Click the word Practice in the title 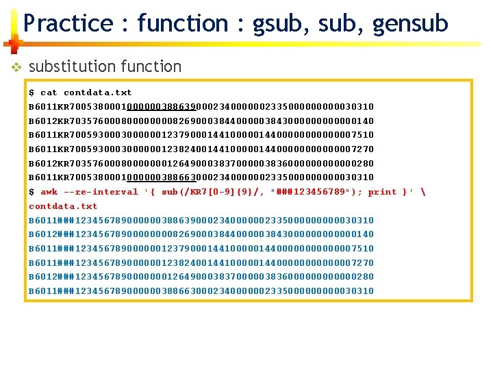(68, 24)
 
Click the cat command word (49, 92)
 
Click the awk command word (49, 192)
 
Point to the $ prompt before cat (31, 92)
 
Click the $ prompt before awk (31, 192)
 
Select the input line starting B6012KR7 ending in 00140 (201, 121)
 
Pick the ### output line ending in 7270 (201, 262)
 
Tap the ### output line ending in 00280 (201, 277)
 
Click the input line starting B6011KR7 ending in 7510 (201, 135)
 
